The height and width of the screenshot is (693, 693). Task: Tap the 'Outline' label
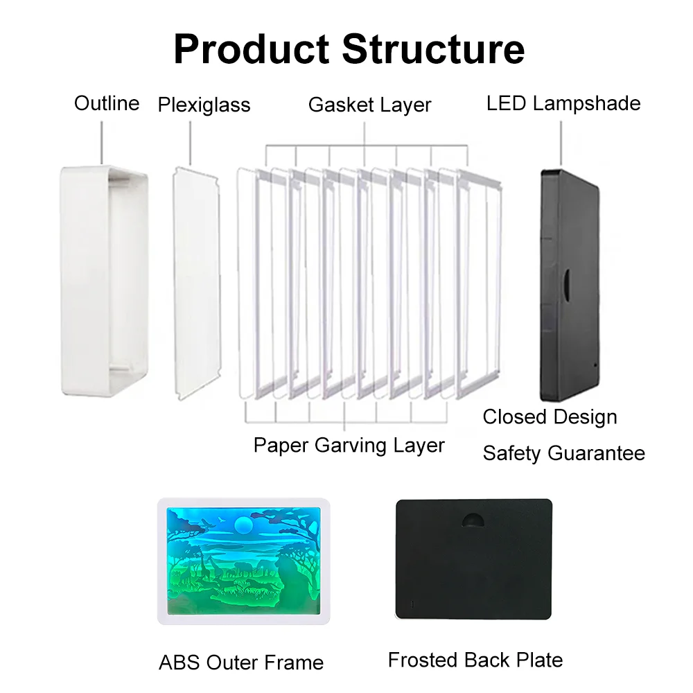coord(107,104)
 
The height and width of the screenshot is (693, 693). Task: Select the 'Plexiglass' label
coord(204,105)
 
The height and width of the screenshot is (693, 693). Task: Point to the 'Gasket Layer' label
coord(369,105)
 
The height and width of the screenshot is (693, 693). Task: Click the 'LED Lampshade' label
coord(563,104)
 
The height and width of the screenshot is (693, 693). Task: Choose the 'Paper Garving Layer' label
coord(349,445)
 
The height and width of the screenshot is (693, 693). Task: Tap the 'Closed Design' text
coord(550,417)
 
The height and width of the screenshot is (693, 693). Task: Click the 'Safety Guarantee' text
coord(563,453)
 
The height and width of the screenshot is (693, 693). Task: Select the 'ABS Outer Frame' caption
coord(241,663)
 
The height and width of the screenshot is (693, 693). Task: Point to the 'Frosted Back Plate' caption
coord(475,660)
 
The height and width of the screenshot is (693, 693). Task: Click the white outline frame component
coord(104,277)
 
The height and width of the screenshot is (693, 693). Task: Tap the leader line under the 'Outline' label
coord(102,142)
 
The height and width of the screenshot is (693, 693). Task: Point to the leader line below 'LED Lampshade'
coord(561,142)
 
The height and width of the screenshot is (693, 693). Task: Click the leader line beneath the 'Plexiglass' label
coord(191,142)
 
